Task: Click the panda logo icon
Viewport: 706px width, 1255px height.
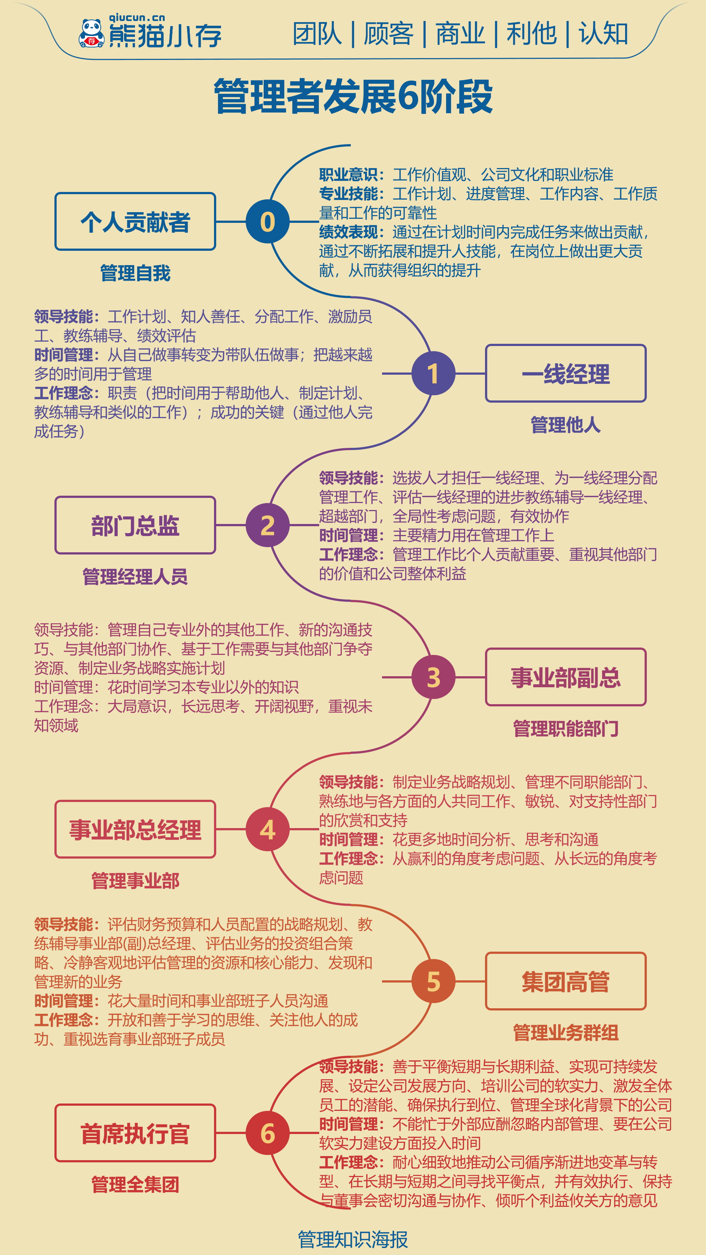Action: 91,33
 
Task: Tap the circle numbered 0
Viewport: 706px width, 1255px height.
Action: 267,222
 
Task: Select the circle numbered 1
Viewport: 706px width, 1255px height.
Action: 433,374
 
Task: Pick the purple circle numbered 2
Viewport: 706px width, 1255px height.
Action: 267,525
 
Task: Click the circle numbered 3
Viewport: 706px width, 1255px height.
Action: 433,677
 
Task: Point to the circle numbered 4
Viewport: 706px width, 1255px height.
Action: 267,829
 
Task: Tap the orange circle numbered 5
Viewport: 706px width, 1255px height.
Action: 433,981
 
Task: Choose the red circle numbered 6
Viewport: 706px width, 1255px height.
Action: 267,1133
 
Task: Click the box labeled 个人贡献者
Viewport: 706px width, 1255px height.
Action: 135,222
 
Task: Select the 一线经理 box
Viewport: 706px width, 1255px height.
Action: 566,374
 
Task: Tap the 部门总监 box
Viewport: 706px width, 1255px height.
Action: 135,525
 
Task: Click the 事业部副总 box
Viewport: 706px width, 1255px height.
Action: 566,677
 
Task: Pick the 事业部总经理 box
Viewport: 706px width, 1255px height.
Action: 135,829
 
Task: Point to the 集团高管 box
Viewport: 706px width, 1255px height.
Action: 566,981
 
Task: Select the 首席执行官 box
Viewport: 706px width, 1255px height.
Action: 135,1133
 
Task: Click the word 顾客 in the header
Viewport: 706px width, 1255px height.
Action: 388,34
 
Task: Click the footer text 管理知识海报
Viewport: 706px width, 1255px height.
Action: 353,1239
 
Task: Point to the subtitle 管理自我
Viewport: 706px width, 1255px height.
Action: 135,273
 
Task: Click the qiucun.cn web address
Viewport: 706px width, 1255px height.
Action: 137,18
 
